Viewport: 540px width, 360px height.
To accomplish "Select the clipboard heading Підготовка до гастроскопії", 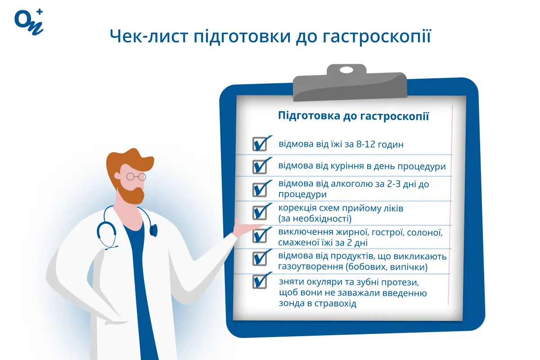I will [354, 117].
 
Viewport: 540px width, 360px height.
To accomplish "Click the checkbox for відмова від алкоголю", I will [260, 189].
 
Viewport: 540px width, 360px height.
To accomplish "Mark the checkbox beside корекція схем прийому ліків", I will [260, 212].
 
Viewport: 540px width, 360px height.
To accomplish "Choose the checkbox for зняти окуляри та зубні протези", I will [260, 282].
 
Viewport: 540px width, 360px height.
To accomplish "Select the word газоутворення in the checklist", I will [310, 267].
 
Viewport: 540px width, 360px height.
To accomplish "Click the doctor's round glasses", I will [136, 176].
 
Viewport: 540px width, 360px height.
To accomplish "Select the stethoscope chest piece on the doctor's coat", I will [153, 231].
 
